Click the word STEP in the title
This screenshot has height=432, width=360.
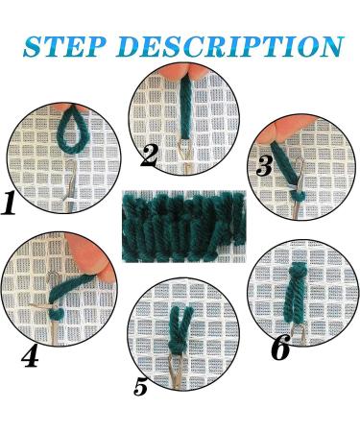point(72,45)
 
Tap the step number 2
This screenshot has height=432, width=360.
point(148,153)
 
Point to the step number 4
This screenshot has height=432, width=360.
point(30,357)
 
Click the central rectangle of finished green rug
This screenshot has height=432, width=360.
point(180,230)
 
